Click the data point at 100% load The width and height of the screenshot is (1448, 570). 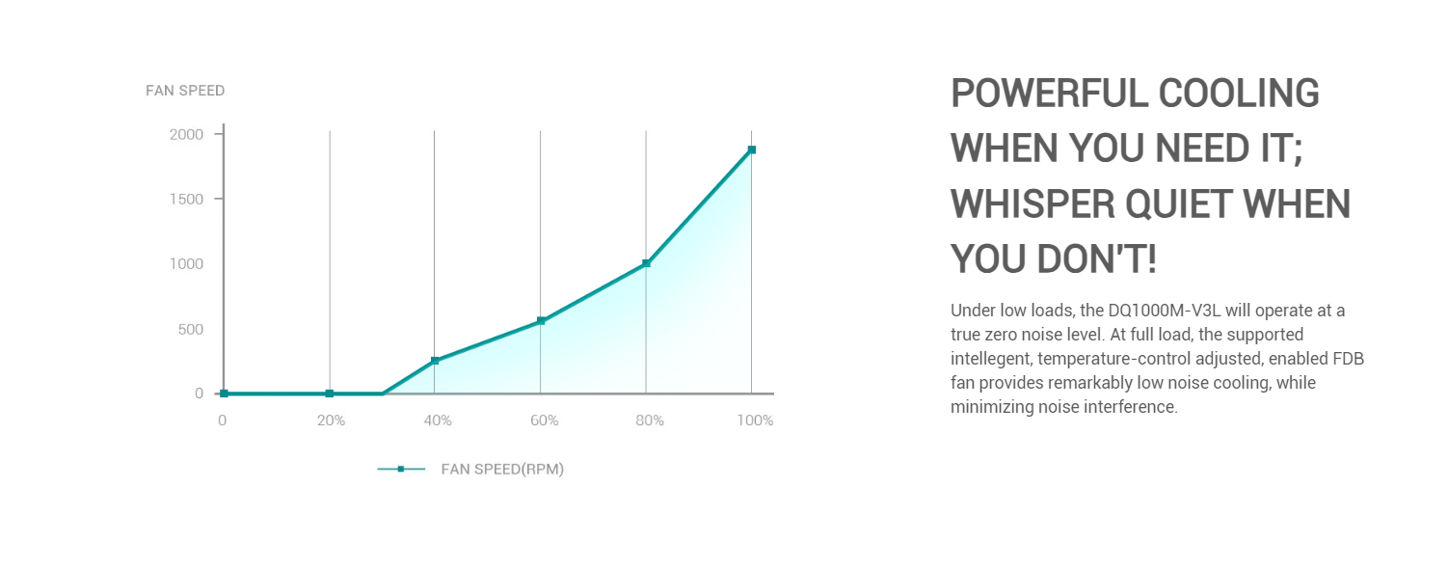(x=751, y=149)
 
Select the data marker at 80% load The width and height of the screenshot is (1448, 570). (x=646, y=263)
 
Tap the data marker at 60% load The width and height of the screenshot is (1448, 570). (x=541, y=321)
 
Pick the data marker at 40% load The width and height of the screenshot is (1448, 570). (x=435, y=361)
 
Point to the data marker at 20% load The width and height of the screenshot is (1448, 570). (x=330, y=394)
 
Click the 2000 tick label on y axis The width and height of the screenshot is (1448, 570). (x=186, y=134)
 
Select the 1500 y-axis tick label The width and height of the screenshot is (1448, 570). (x=186, y=199)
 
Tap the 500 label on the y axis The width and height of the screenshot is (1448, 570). (x=191, y=329)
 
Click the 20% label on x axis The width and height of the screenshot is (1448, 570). (x=331, y=421)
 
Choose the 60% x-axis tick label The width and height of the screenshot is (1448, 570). (x=545, y=421)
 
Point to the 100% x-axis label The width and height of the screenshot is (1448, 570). (x=755, y=421)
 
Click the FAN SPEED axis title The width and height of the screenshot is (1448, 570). (x=185, y=91)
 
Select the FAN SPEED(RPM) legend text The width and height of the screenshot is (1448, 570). (x=502, y=469)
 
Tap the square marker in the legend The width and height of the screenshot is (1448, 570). (x=401, y=469)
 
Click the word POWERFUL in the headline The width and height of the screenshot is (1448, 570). (x=1048, y=94)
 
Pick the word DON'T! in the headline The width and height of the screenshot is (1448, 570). (x=1096, y=259)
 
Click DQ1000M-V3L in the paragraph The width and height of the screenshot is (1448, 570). (x=1165, y=311)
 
